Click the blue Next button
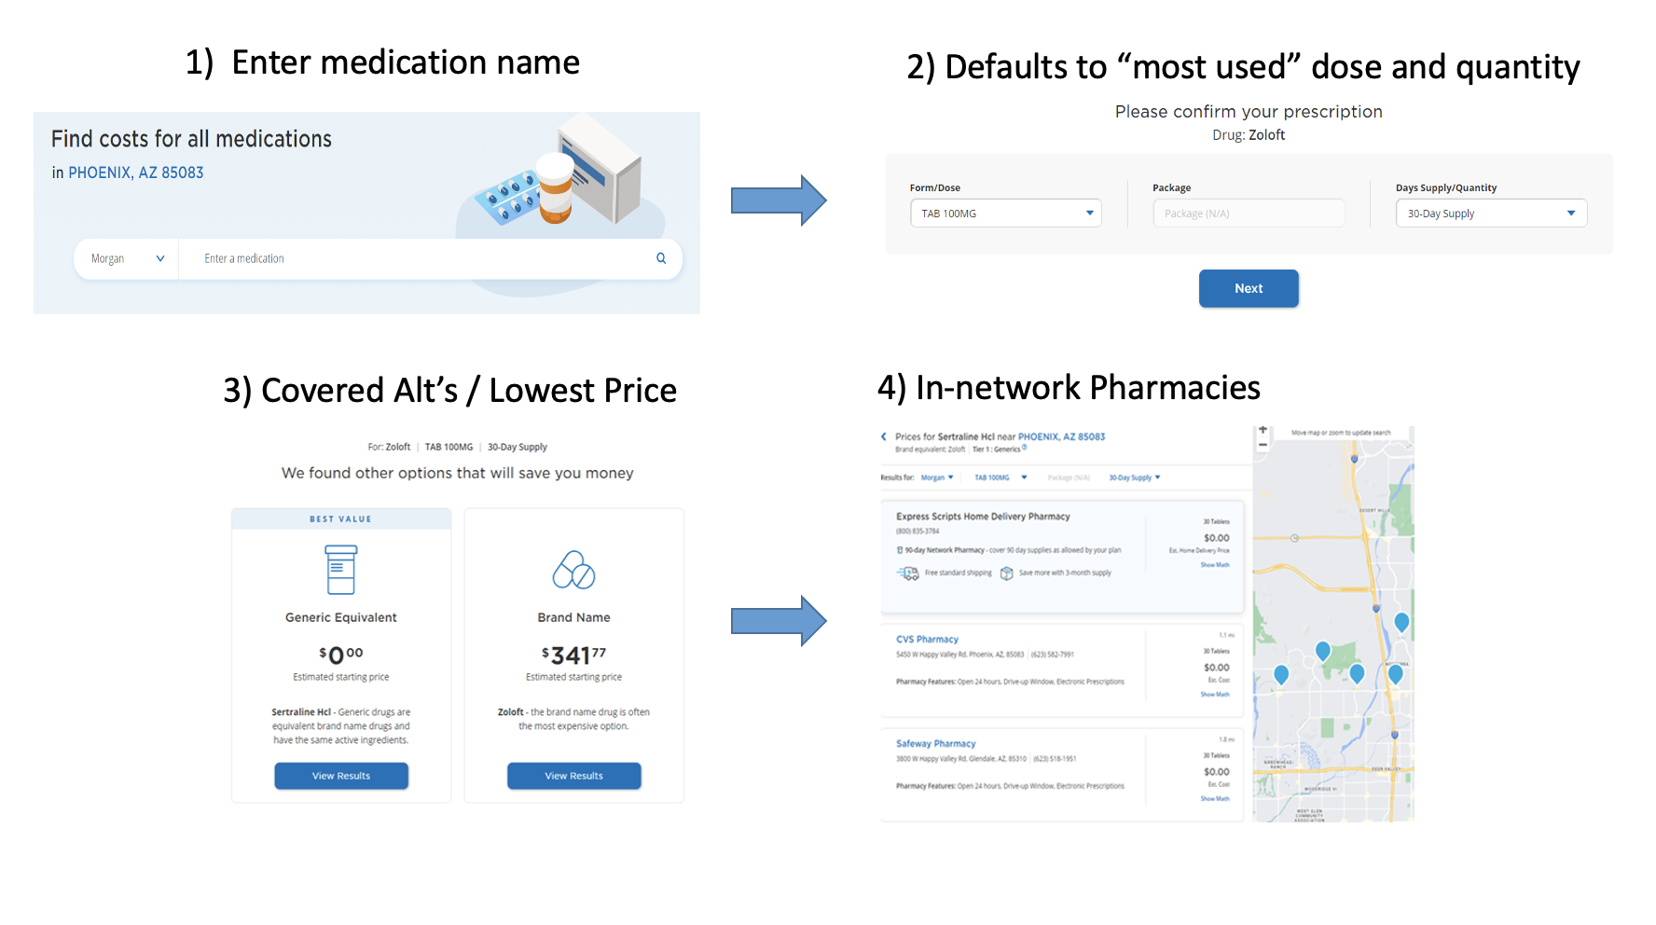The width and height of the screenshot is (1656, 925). coord(1248,288)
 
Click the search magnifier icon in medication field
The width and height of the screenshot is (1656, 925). coord(661,258)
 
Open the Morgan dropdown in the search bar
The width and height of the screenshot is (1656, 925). coord(127,258)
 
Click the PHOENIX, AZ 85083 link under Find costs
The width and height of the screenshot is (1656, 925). coord(135,173)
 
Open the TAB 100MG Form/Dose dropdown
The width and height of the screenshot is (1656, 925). coord(1005,214)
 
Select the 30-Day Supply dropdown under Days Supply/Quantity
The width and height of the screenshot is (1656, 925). coord(1490,214)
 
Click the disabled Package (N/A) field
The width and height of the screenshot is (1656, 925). coord(1248,214)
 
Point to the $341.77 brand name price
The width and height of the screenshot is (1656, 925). coord(573,655)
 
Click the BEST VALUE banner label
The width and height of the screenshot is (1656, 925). coord(340,518)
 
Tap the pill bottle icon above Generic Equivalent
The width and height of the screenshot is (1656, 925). coord(340,570)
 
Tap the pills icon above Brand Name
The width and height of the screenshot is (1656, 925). coord(573,570)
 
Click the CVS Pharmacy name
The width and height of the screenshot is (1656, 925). coord(927,640)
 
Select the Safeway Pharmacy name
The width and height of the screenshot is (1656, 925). coord(935,744)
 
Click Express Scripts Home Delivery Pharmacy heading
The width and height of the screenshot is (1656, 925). coord(983,517)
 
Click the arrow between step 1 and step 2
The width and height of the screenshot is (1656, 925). coord(778,200)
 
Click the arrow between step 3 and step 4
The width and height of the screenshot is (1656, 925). coord(778,621)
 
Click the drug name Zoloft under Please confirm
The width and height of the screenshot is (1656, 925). coord(1266,135)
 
